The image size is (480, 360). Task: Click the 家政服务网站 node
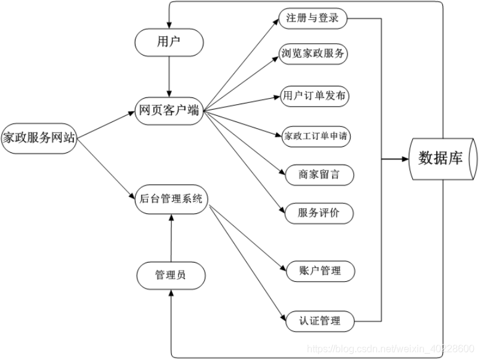pos(39,138)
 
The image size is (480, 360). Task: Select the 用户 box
pos(169,43)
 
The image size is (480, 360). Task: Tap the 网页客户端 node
pos(169,111)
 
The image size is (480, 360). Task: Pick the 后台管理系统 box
pos(171,199)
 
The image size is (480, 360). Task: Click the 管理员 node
pos(171,276)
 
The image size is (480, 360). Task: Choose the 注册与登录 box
pos(313,18)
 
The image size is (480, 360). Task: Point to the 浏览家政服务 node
pos(313,54)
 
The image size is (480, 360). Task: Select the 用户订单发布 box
pos(314,96)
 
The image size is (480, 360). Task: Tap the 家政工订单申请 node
pos(316,136)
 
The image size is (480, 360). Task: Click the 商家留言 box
pos(319,175)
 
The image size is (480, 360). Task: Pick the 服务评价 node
pos(319,213)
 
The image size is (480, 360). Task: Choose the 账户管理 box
pos(320,271)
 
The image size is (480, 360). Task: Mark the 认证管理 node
pos(320,321)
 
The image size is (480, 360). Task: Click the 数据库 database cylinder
pos(443,159)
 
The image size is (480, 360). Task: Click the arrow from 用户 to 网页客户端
pos(169,76)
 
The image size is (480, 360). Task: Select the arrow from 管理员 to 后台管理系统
pos(171,238)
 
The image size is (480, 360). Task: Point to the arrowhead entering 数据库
pos(405,159)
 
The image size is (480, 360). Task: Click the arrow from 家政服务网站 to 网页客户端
pos(106,125)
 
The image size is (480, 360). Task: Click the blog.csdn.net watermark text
pos(391,349)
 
